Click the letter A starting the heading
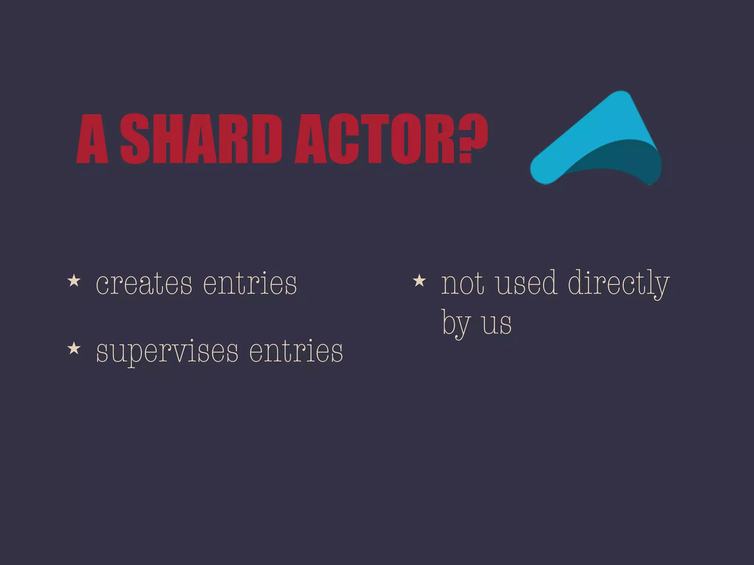(92, 139)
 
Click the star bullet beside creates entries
(74, 281)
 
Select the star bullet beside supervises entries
(74, 348)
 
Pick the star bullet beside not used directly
(419, 281)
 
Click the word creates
(144, 283)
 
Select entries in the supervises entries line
(296, 351)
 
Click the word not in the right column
(462, 283)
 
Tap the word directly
(619, 283)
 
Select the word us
(497, 324)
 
